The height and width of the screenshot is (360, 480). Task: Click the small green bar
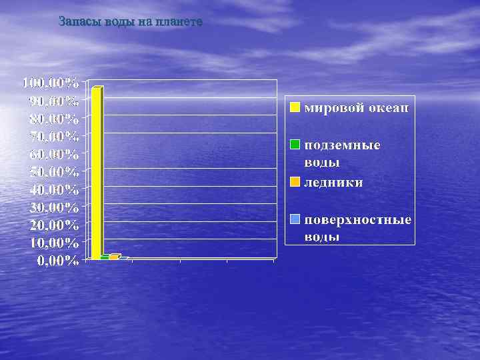tap(105, 257)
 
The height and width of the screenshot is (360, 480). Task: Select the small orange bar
tap(113, 256)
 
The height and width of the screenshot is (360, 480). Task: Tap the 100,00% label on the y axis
tap(51, 84)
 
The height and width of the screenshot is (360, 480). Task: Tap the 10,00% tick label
tap(54, 242)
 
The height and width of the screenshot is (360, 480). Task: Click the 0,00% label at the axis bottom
tap(57, 260)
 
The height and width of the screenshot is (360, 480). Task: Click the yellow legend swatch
tap(295, 107)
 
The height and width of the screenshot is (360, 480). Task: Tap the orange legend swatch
tap(295, 182)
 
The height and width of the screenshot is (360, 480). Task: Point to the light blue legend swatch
tap(295, 219)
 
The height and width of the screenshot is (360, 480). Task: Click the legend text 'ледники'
tap(333, 182)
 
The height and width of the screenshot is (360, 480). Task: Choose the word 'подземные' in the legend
tap(342, 145)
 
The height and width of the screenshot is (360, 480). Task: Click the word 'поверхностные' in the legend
tap(357, 220)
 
